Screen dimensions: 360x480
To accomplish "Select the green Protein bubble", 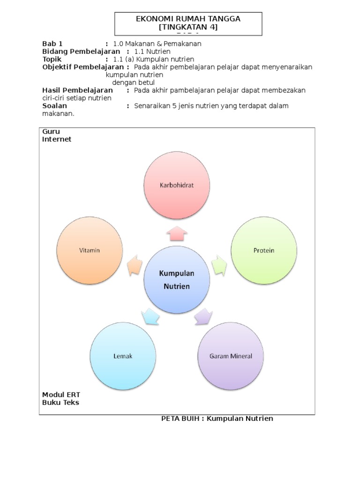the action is point(264,250).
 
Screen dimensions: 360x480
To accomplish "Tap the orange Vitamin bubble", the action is point(89,250).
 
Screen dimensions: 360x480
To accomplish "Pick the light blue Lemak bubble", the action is point(123,356).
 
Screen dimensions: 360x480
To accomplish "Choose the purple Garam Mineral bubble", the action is point(231,356).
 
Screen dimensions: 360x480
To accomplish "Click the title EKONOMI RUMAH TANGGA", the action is point(188,19).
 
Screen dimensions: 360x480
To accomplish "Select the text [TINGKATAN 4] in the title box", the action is point(188,27).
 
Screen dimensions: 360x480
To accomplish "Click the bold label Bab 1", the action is point(52,44).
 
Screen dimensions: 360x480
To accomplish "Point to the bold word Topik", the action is point(52,59).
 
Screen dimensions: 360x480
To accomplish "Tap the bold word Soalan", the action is point(54,106).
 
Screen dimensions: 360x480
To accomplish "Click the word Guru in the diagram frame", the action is point(51,132).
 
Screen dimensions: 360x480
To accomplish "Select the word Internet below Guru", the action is point(57,139).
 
